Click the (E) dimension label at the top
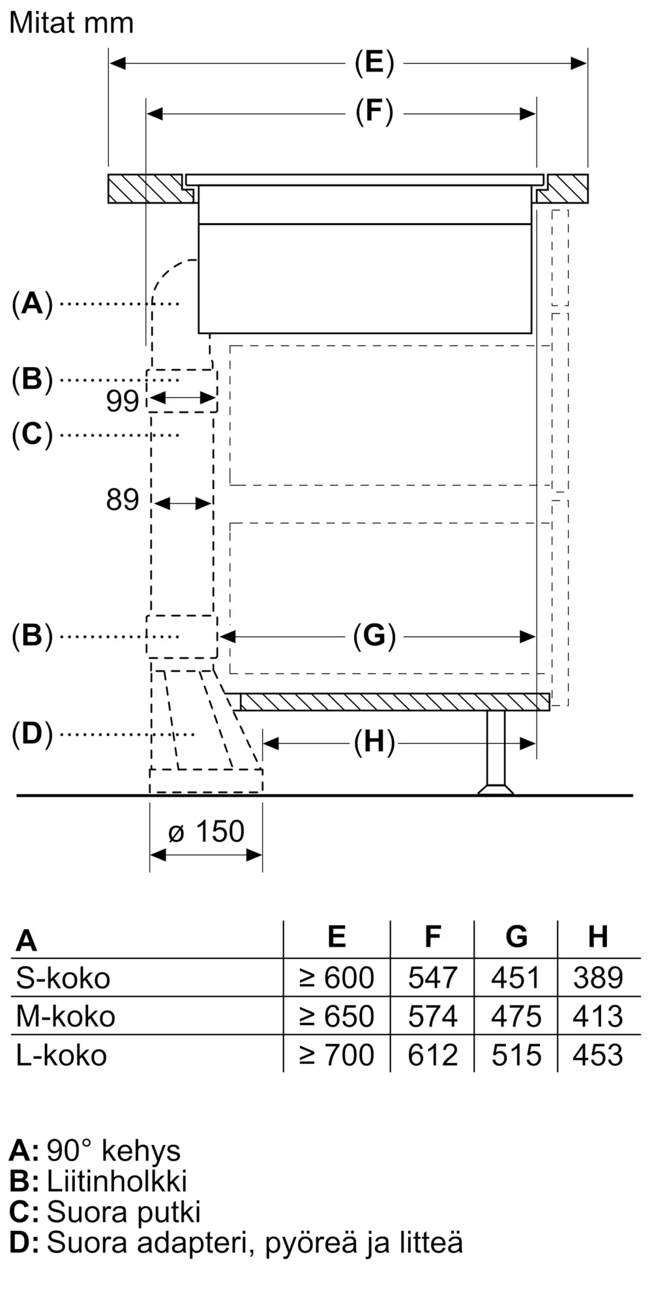(374, 63)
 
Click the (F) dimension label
(374, 112)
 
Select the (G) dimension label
(374, 636)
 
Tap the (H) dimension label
(374, 742)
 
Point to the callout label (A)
(32, 303)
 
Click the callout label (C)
(32, 434)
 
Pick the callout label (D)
(32, 734)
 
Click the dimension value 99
(123, 401)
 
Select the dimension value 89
(123, 500)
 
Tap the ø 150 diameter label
(206, 831)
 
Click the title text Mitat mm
(72, 23)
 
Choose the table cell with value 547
(433, 977)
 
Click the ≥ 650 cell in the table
(336, 1016)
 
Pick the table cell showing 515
(516, 1055)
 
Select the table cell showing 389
(599, 977)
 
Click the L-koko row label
(61, 1055)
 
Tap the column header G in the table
(516, 936)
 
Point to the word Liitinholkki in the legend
(117, 1181)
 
